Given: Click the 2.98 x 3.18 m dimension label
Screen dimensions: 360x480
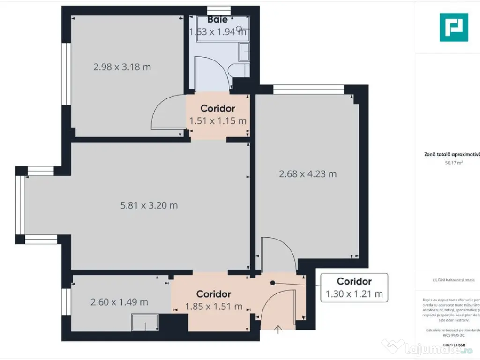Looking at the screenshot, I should click(x=122, y=67).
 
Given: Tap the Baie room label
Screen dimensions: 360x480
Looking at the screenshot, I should click(x=217, y=20).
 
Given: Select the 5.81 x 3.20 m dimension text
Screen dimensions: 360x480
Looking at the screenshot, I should click(x=149, y=205).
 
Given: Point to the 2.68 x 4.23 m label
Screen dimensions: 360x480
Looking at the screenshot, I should click(x=307, y=174).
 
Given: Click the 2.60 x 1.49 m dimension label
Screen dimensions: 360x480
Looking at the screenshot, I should click(x=119, y=302).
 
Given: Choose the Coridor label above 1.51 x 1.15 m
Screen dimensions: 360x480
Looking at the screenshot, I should click(x=217, y=109).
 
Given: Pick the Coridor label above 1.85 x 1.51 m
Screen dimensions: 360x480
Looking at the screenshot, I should click(x=213, y=294).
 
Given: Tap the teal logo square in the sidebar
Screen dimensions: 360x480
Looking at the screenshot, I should click(x=453, y=27).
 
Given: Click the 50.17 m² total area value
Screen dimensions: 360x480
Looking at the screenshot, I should click(x=454, y=163).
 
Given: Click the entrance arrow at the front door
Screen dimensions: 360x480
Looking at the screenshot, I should click(x=278, y=330).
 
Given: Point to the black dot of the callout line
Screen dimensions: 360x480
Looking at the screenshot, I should click(x=272, y=283).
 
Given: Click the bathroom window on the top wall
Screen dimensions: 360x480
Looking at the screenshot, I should click(x=219, y=10).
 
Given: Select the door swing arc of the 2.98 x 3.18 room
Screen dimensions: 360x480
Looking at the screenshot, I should click(x=162, y=112).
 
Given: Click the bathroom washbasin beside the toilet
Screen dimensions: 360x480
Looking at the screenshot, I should click(x=244, y=52).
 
